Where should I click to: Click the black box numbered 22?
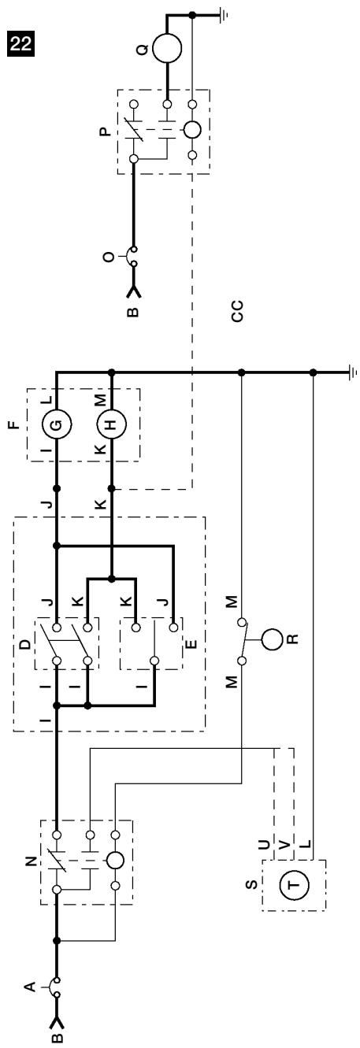[20, 43]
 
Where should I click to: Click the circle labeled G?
[56, 425]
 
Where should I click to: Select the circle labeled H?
[111, 425]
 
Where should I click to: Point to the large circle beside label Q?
[167, 48]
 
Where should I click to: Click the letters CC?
[238, 311]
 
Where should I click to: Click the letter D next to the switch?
[26, 644]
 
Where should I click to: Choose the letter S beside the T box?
[251, 898]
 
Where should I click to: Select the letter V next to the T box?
[284, 845]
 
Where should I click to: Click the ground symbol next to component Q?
[224, 16]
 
